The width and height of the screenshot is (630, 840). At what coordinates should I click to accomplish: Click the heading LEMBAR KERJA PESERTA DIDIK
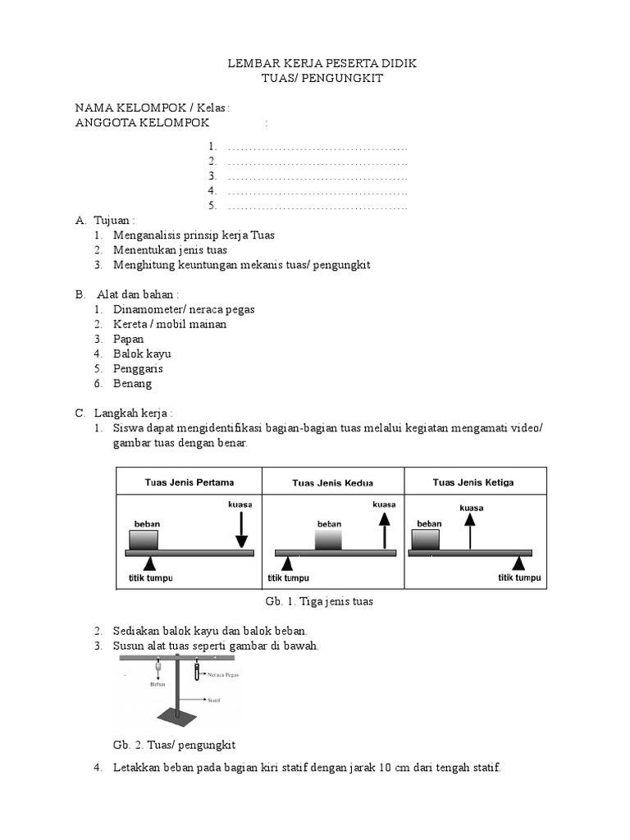coord(315,64)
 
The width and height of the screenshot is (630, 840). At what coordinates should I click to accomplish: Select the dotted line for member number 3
coord(317,176)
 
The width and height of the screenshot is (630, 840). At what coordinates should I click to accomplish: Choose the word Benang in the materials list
coord(132,383)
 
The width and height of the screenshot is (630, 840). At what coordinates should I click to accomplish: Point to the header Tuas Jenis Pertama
coord(189,482)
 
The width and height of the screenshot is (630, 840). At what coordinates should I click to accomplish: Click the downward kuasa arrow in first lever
coord(240,529)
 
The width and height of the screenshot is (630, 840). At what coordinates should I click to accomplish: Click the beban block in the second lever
coord(329,539)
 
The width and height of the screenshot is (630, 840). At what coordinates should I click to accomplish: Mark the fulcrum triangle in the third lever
coord(518,563)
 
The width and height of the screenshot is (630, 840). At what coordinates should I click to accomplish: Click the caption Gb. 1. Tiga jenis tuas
coord(319,601)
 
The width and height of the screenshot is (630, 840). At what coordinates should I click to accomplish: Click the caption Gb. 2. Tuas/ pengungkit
coord(174,745)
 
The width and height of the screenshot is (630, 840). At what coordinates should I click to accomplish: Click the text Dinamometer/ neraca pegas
coord(184,309)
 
